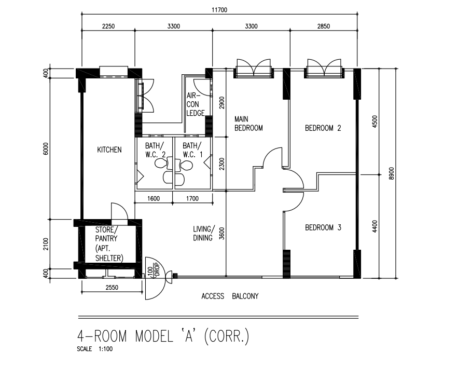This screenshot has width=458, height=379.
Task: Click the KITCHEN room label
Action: tap(109, 150)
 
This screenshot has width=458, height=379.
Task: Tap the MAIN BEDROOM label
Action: tap(248, 124)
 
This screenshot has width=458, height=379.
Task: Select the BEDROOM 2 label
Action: tap(323, 128)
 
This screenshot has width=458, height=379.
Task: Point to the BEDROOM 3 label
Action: tap(323, 227)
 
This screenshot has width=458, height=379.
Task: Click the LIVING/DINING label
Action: tap(204, 233)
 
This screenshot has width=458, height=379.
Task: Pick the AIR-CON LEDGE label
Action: tap(196, 104)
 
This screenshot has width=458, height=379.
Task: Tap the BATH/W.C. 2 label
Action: tap(155, 150)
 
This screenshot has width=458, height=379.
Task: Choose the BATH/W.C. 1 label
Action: tap(192, 150)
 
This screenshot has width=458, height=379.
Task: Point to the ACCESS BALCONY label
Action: tap(230, 296)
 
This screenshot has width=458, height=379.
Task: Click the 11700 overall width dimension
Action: tap(219, 10)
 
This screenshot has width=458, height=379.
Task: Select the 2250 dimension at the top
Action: tap(108, 26)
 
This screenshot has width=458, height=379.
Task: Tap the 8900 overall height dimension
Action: tap(392, 173)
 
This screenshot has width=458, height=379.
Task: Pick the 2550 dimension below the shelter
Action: tap(112, 288)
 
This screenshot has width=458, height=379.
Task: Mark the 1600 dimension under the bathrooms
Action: tap(154, 199)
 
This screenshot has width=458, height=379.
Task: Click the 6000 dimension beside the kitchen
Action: tap(46, 149)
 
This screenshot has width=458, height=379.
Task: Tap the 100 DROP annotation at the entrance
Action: tap(154, 272)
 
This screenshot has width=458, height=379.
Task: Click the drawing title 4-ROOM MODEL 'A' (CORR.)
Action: tap(163, 336)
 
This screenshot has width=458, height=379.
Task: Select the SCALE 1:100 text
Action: tap(94, 349)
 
